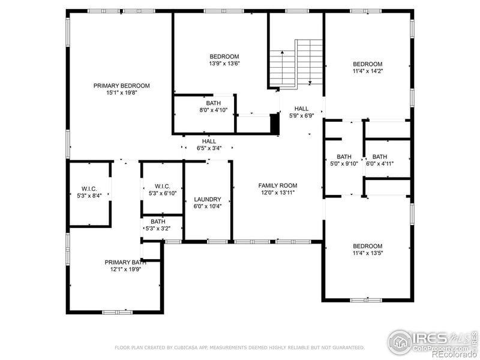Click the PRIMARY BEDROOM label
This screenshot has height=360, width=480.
[x=121, y=86]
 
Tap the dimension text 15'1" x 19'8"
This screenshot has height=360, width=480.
[x=121, y=93]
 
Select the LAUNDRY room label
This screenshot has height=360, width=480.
[x=208, y=199]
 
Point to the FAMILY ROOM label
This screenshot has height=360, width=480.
[x=278, y=185]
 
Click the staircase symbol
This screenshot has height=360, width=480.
[x=296, y=64]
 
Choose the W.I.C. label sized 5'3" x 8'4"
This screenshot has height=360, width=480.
[x=89, y=188]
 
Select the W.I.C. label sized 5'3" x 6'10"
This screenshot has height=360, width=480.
[x=162, y=186]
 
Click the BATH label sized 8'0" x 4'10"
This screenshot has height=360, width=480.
[x=205, y=103]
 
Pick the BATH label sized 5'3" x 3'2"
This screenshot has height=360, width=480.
[x=158, y=221]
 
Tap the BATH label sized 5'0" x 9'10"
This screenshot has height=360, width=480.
[x=344, y=157]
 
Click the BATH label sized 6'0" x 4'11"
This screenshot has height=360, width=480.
[x=379, y=157]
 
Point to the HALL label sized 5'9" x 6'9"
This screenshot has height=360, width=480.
[x=301, y=109]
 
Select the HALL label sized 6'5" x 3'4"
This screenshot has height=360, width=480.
[x=209, y=141]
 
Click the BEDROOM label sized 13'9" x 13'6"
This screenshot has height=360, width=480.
[x=224, y=56]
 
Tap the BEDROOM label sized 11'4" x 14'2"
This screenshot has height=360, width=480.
[x=367, y=64]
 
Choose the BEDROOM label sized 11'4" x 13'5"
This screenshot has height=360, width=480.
[x=367, y=246]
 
